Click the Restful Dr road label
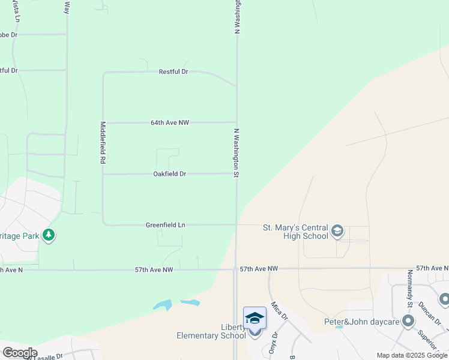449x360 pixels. tap(173, 71)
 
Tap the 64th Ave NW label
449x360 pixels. tap(170, 122)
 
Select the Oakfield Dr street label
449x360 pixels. tap(170, 174)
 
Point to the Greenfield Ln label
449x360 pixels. tap(165, 225)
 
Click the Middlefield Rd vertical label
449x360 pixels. tap(103, 143)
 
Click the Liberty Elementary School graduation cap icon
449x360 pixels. tap(255, 318)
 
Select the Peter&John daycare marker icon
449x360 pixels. tap(409, 322)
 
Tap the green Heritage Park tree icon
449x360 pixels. tap(49, 235)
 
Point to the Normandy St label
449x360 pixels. tap(410, 285)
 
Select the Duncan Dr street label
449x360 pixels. tap(429, 310)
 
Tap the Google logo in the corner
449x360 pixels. tap(19, 353)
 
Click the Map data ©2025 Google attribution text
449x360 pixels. tap(412, 355)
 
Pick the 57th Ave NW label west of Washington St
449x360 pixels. tap(154, 270)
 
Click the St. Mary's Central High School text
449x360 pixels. tap(296, 232)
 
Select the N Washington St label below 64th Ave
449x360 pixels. tap(237, 152)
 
